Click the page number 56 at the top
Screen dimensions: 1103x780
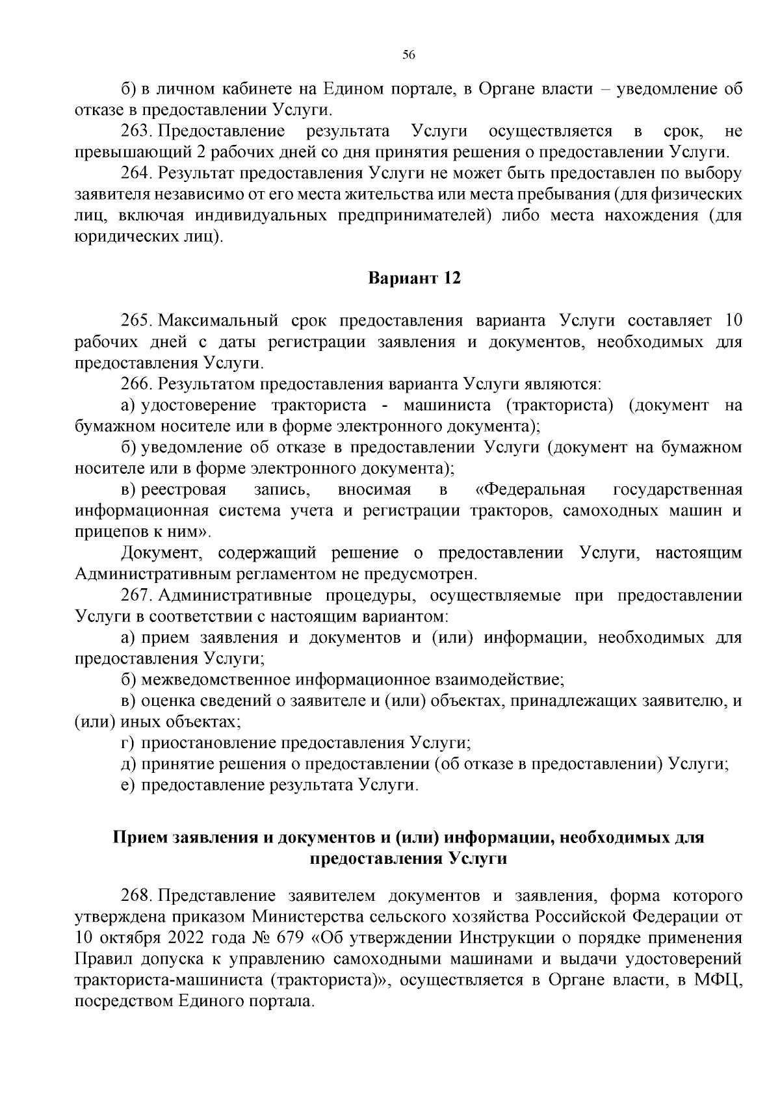pyautogui.click(x=409, y=55)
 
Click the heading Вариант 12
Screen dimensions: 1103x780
pyautogui.click(x=415, y=279)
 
